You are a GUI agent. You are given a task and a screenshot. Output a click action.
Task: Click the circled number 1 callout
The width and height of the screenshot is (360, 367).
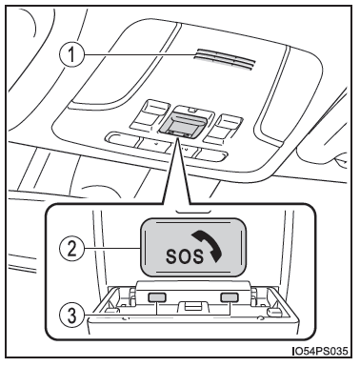(71, 54)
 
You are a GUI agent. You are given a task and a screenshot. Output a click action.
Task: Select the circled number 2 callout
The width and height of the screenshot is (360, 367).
(71, 248)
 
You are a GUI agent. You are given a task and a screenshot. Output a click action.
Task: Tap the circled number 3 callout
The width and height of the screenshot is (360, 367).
(71, 316)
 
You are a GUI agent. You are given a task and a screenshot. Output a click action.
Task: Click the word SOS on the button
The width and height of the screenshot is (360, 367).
(184, 255)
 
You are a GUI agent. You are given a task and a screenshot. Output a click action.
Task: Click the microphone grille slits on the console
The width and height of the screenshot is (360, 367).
(225, 59)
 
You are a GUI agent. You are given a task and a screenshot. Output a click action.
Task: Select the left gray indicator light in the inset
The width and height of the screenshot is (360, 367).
(157, 297)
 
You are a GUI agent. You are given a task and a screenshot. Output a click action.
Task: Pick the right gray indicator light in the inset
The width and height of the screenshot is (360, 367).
(230, 297)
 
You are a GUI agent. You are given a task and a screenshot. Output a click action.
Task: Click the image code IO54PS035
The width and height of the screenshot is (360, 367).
(320, 351)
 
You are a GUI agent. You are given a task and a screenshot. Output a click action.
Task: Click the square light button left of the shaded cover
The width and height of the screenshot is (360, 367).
(150, 115)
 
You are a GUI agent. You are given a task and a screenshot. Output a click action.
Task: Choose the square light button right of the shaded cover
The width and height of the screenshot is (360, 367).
(223, 129)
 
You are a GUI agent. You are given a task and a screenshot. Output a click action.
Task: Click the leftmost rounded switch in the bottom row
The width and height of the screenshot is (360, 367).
(123, 139)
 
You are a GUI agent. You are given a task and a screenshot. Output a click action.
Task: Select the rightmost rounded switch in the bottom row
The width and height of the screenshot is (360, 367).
(210, 154)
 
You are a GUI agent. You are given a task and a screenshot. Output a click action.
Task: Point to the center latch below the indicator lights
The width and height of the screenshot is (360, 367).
(193, 306)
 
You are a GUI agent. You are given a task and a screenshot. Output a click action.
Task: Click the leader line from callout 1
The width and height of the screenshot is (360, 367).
(138, 55)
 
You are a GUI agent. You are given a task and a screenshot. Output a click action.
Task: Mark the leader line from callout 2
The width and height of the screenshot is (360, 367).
(112, 248)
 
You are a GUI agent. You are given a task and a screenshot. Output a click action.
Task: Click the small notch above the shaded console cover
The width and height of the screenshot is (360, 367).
(191, 111)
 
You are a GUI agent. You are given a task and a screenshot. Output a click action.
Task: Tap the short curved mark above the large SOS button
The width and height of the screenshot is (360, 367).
(192, 212)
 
